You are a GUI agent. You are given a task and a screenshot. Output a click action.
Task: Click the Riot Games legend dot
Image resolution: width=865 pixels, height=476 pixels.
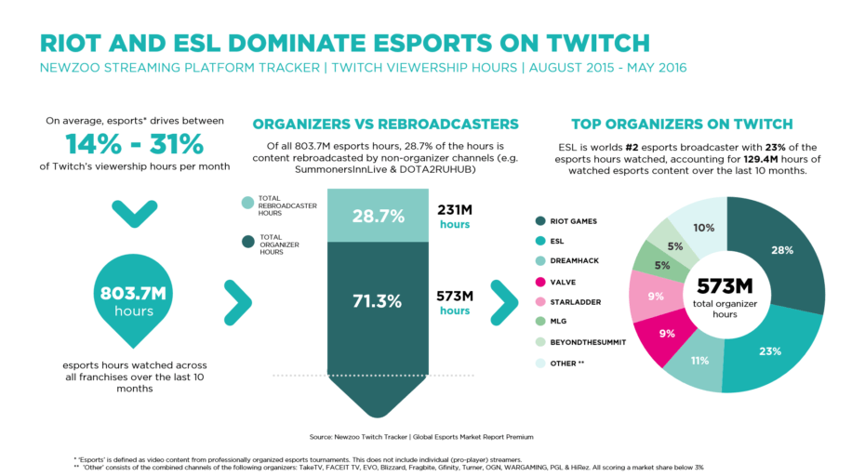click(x=540, y=220)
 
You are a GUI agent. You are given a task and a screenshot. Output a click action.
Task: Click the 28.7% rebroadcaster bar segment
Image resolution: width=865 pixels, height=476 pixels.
click(x=377, y=216)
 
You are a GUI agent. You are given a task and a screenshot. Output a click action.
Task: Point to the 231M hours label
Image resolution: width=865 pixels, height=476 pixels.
click(x=455, y=217)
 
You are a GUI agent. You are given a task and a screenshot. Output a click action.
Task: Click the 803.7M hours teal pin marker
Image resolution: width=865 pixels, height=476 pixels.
click(x=133, y=298)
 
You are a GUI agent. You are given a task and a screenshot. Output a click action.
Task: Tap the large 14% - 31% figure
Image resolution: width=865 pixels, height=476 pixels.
click(x=134, y=144)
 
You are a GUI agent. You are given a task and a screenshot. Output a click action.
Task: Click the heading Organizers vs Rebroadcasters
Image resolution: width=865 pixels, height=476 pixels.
click(x=385, y=124)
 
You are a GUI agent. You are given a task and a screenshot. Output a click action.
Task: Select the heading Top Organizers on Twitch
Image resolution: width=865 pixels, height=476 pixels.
click(x=682, y=124)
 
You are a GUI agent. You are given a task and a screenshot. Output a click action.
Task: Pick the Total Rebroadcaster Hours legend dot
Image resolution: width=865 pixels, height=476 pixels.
click(x=246, y=202)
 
